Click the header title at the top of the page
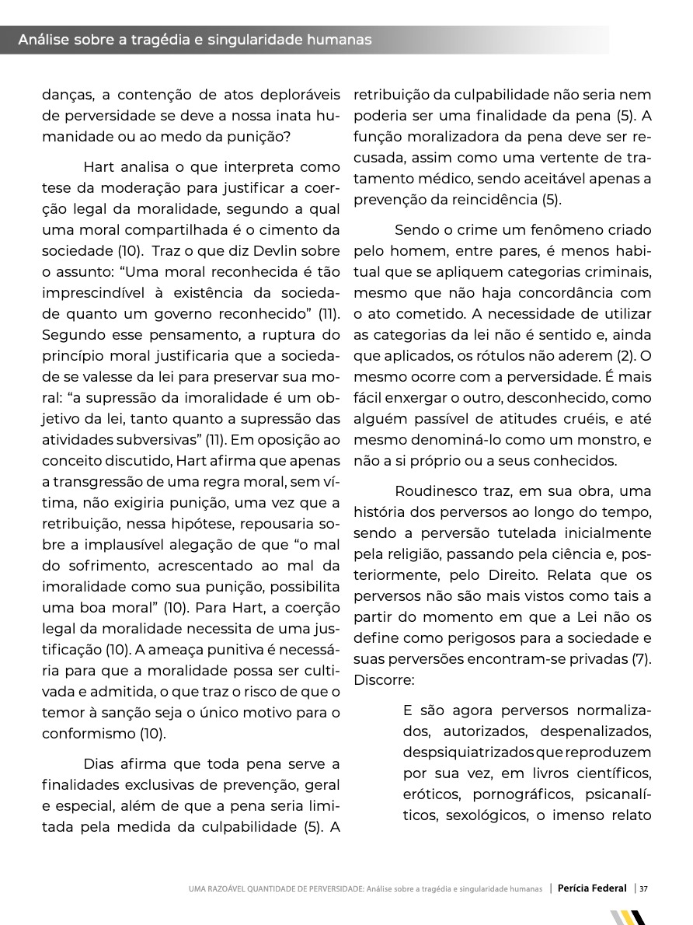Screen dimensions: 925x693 [x=194, y=40]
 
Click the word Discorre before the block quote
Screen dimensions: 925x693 [x=385, y=679]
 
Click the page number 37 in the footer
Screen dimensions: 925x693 [x=644, y=888]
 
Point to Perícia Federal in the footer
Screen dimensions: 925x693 [x=592, y=888]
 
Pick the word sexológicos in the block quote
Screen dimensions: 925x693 [x=487, y=816]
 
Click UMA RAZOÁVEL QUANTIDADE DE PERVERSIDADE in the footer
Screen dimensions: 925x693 [x=274, y=889]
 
